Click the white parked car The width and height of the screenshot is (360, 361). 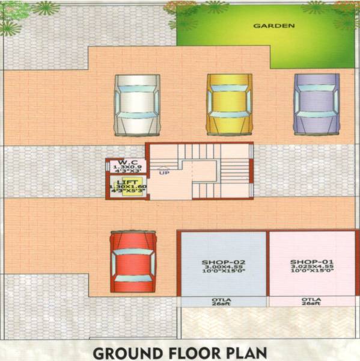pyautogui.click(x=138, y=105)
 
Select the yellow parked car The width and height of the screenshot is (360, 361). pyautogui.click(x=229, y=104)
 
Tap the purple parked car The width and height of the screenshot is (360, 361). pyautogui.click(x=315, y=103)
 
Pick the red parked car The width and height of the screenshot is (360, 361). pyautogui.click(x=133, y=261)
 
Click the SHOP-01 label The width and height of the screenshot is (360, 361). pyautogui.click(x=308, y=262)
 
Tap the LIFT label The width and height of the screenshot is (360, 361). pyautogui.click(x=127, y=181)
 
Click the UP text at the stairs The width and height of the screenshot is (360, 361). pyautogui.click(x=163, y=173)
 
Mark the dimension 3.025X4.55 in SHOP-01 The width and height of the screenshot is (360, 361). pyautogui.click(x=308, y=269)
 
